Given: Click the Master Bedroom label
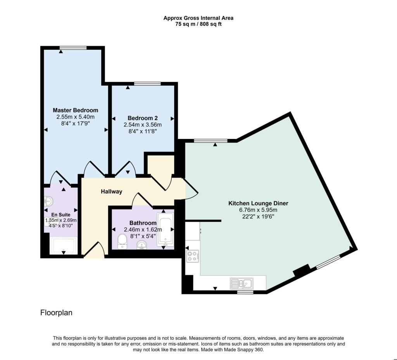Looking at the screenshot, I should (75, 110).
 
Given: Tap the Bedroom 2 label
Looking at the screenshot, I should (142, 118).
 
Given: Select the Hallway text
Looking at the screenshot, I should (112, 192).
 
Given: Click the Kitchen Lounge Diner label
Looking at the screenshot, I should (258, 203).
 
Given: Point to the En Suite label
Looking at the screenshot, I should (61, 214).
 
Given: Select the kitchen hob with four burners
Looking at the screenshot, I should (192, 256).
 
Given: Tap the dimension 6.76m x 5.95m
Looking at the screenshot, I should (258, 210).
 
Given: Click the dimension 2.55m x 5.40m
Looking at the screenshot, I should (75, 117).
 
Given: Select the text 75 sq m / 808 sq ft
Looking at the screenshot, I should (198, 24).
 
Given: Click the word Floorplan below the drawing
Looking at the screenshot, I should (56, 313).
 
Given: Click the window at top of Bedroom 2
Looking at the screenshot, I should (147, 83).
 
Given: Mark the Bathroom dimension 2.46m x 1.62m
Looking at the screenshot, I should (142, 230).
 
